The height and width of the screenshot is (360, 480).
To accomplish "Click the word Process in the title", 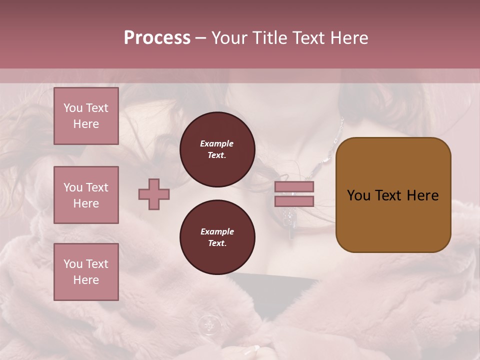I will click(x=157, y=38).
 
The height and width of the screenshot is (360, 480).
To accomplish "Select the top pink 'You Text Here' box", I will click(x=86, y=116).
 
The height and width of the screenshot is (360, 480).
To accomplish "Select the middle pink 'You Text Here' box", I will click(x=86, y=195).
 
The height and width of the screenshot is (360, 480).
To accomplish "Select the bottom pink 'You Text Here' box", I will click(x=86, y=272).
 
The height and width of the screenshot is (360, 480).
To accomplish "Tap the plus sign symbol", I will click(x=154, y=194).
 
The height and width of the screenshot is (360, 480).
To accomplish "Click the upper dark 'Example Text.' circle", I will click(x=217, y=149).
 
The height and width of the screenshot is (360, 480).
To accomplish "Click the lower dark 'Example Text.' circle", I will click(x=217, y=237).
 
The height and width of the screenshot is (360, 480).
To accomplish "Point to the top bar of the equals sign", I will click(x=294, y=187).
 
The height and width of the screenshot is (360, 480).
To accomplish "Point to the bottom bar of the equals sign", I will click(x=294, y=201).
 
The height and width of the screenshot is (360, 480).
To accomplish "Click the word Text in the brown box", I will click(x=389, y=195).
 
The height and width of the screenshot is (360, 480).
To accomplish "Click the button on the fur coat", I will click(x=208, y=325).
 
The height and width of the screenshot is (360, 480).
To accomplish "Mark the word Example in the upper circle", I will click(x=217, y=143).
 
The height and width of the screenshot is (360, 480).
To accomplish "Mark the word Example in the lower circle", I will click(x=217, y=231).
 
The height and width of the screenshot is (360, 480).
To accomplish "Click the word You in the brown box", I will click(x=359, y=195).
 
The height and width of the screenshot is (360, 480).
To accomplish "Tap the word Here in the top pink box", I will click(x=86, y=124).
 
